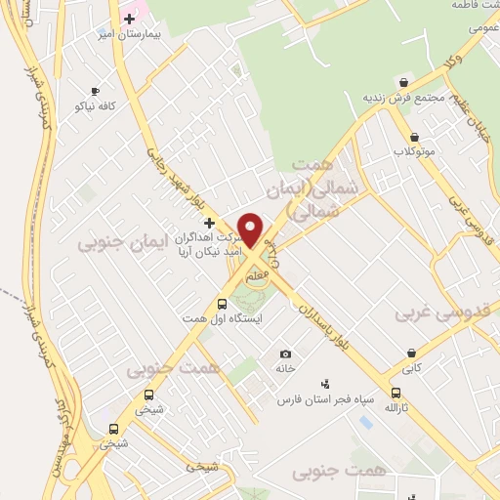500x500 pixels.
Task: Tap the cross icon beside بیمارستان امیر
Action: [129, 19]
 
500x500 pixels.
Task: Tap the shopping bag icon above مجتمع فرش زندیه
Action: [403, 82]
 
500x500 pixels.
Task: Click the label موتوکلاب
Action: [414, 151]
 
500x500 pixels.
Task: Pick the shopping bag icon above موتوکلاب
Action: [414, 137]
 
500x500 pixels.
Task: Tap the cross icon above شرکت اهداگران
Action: [209, 224]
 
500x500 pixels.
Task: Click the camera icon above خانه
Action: [285, 354]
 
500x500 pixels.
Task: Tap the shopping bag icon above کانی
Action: [412, 353]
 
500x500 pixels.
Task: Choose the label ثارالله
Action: [395, 405]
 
